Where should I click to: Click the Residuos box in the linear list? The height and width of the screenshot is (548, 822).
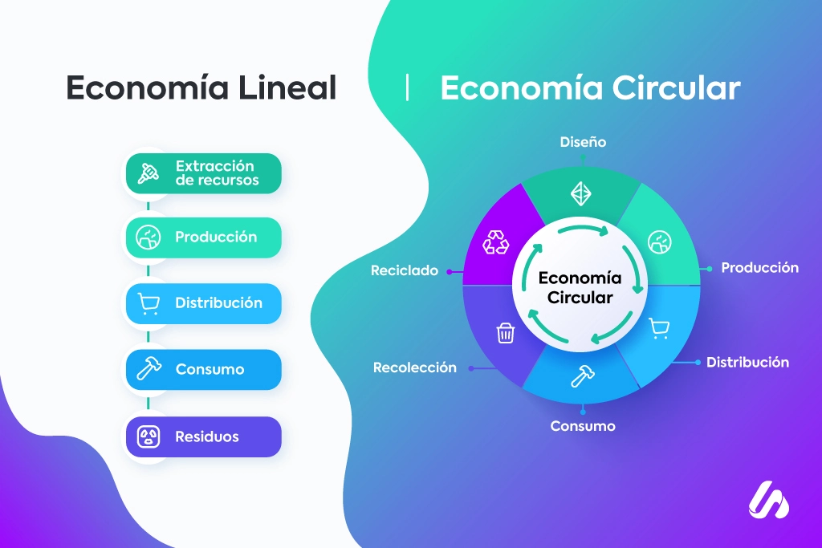203,436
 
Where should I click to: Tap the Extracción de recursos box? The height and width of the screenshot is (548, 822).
203,173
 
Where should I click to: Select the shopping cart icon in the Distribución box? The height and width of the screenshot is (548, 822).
149,303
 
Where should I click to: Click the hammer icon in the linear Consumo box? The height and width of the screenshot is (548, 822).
149,368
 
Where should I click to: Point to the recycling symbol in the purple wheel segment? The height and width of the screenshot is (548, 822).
495,242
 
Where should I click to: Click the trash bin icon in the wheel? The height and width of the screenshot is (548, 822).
506,333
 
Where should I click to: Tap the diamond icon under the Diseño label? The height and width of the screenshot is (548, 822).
581,194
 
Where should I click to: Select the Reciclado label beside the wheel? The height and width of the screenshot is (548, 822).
405,270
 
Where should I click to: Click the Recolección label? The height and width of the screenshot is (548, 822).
415,367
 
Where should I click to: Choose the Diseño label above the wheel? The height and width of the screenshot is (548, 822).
583,142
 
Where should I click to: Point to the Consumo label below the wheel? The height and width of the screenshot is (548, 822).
583,426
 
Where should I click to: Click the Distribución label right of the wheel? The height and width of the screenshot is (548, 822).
747,362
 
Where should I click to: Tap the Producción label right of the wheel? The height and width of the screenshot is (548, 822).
759,268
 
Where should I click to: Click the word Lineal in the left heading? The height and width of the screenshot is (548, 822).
287,87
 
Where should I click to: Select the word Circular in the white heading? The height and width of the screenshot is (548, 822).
676,87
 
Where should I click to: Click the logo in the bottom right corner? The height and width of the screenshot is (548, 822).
768,500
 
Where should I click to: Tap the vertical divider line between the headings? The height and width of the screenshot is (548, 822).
407,87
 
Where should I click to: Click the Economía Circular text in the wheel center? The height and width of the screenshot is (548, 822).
580,287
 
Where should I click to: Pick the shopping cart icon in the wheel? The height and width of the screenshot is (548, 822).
659,329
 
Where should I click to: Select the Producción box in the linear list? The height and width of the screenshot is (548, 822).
203,237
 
